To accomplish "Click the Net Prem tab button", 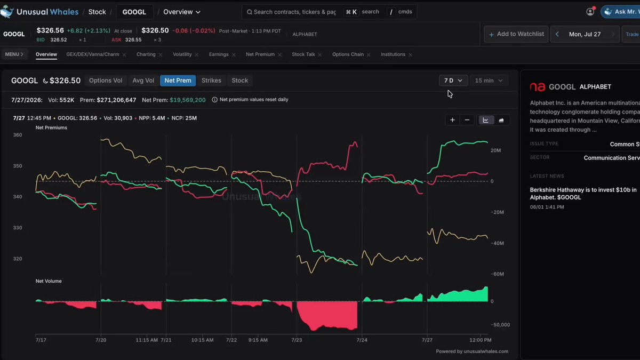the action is (178, 81).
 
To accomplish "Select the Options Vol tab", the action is (106, 81).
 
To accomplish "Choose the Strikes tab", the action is (211, 81).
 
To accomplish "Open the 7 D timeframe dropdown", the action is (453, 81).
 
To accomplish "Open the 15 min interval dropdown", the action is (489, 81).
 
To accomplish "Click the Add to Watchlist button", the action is (516, 34).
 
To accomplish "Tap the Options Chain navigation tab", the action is (348, 54).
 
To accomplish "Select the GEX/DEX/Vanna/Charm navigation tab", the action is (93, 54).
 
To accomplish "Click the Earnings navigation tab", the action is (219, 54).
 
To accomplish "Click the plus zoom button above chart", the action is (452, 120).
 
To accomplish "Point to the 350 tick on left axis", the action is (18, 166).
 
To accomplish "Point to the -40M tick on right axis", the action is (497, 243).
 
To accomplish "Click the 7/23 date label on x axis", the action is (297, 340).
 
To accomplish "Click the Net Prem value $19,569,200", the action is (187, 100).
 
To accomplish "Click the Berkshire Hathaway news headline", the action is (583, 194).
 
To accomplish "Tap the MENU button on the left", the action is (14, 54).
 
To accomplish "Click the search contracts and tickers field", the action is (294, 12).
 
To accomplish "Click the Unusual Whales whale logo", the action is (7, 12).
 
